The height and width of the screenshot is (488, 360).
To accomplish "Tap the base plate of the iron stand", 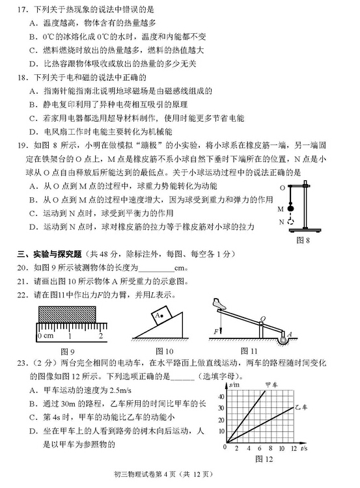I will click(307, 229).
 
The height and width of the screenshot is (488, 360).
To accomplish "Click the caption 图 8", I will click(303, 240).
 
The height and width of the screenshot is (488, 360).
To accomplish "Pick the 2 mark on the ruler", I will click(102, 336).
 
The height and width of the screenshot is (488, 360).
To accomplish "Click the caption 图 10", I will click(160, 352).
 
